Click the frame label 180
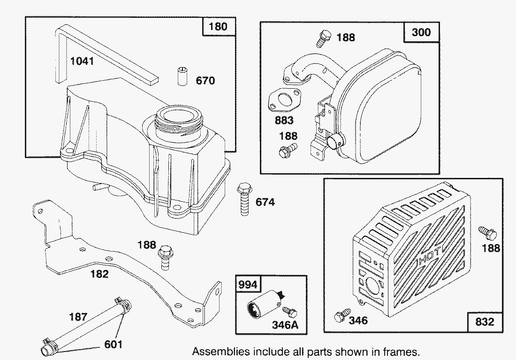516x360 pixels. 218,26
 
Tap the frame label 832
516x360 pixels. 485,322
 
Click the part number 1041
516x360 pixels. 82,61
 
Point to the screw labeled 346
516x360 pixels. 341,315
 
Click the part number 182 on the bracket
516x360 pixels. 99,274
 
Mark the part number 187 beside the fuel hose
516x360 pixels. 78,317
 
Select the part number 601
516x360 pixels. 113,344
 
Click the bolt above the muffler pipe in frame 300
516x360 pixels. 323,38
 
